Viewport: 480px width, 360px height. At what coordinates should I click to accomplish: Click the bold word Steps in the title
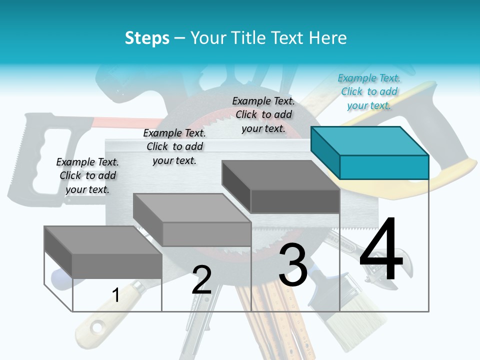coord(147,38)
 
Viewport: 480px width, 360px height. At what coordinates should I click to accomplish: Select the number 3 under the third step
coord(293,265)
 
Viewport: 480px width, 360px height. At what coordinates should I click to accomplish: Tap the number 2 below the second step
coord(202,280)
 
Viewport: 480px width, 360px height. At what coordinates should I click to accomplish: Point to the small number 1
coord(115,295)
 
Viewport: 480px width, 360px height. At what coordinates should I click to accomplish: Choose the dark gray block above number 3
coord(281,187)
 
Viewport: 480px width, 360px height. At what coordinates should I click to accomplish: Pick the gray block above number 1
coord(103,252)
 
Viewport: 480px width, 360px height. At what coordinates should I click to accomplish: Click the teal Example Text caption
coord(369,91)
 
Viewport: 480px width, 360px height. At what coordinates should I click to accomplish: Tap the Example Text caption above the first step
coord(87,175)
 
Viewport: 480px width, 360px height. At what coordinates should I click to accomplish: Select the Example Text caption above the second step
coord(174,146)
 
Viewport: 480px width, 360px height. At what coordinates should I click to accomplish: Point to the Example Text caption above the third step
coord(263,114)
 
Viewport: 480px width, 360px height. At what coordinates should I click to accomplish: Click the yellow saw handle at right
coord(450,175)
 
